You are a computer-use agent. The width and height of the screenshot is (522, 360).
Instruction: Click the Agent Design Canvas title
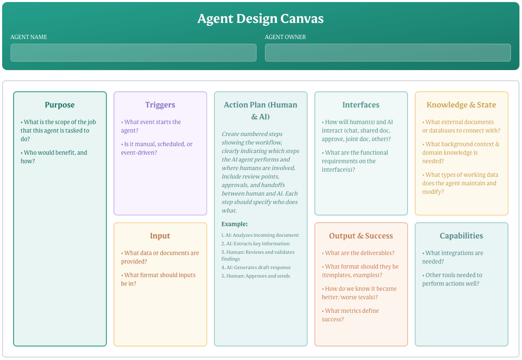tap(261, 18)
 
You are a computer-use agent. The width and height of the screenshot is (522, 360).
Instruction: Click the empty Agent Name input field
tap(134, 53)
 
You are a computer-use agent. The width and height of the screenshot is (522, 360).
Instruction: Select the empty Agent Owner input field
tap(388, 53)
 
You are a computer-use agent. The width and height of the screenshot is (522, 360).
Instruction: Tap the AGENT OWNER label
tap(285, 37)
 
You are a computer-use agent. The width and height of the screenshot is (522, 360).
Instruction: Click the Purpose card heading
tap(60, 105)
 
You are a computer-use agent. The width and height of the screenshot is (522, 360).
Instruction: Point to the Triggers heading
tap(160, 105)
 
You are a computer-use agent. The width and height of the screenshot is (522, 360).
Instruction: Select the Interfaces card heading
tap(361, 105)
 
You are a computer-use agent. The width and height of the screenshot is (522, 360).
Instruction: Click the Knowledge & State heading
tap(461, 105)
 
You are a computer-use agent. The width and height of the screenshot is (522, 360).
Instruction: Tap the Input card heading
tap(160, 236)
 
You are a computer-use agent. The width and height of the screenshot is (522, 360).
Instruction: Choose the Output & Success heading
tap(361, 236)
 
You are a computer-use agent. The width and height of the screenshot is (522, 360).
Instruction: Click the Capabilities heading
tap(461, 236)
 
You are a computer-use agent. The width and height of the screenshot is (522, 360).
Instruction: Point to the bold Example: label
tap(234, 224)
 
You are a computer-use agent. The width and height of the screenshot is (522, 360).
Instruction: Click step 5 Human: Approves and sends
tap(256, 276)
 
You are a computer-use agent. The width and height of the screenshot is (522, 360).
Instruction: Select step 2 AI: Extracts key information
tap(255, 243)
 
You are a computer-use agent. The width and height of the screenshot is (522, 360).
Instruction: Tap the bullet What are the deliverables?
tap(358, 253)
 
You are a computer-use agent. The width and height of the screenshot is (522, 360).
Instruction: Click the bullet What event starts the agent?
tap(151, 126)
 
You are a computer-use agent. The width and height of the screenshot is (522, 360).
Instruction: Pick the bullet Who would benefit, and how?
tap(54, 157)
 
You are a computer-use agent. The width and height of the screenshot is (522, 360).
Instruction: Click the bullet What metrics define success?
tap(350, 315)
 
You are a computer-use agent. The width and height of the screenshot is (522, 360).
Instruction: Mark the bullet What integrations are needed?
tap(452, 257)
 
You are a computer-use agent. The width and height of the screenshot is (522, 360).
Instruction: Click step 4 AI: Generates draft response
tap(256, 267)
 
